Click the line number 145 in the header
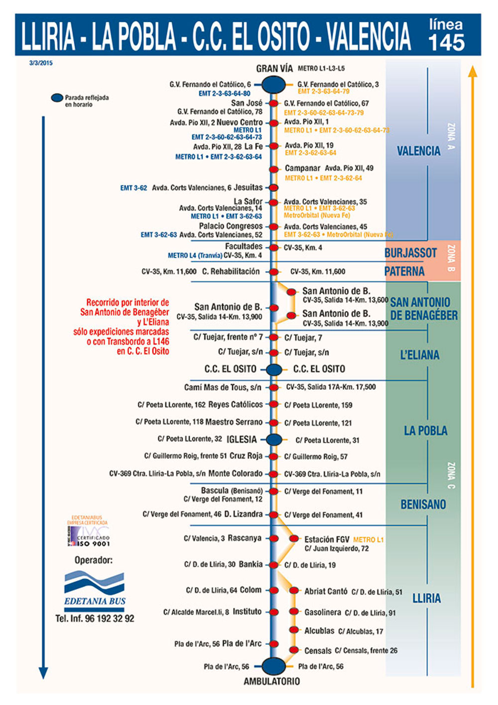[446, 42]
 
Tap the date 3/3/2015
[41, 63]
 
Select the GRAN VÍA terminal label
[274, 69]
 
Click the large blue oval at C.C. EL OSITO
[273, 369]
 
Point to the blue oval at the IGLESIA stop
[273, 440]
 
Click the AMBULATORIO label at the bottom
[271, 681]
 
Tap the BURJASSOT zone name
[410, 253]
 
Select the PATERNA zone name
[404, 272]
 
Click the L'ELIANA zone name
[420, 355]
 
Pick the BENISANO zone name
[423, 505]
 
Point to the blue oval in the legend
[57, 98]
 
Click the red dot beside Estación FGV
[294, 539]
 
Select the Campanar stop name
[302, 169]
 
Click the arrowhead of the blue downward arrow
[43, 673]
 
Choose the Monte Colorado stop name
[235, 473]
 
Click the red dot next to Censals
[293, 650]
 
